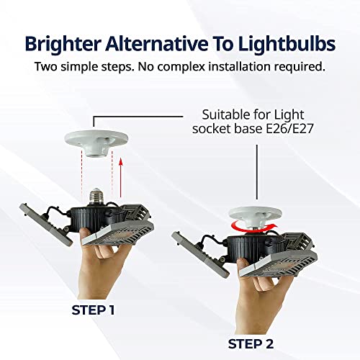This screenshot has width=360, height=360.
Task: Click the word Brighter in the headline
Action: point(63,44)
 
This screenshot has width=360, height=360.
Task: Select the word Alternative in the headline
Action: point(157,43)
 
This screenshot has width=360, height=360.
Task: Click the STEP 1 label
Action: point(93,310)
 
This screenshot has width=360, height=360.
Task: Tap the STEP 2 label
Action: point(251,344)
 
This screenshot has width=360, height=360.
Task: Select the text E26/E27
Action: point(289,129)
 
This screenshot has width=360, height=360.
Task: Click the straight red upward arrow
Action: point(121,178)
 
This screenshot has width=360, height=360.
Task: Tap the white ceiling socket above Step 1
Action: point(96,143)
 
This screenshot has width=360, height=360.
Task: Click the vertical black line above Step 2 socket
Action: point(257,172)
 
